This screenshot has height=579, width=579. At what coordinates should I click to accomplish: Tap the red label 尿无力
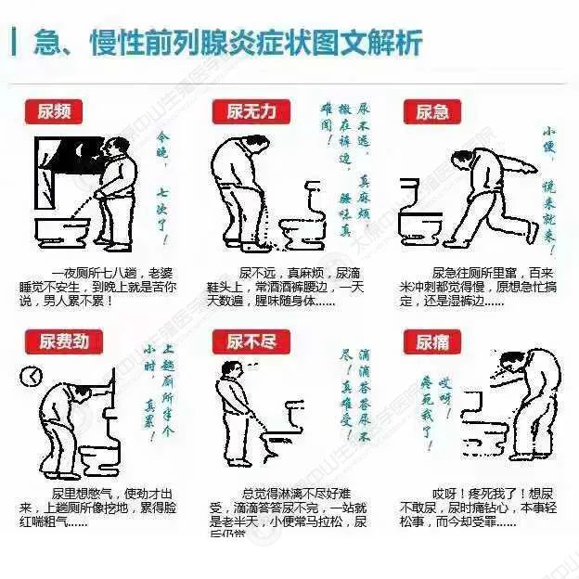(251, 111)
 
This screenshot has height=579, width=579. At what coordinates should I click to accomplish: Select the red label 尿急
(432, 111)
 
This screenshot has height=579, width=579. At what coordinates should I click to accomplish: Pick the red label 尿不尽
(251, 341)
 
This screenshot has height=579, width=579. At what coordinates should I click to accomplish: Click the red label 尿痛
(432, 341)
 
